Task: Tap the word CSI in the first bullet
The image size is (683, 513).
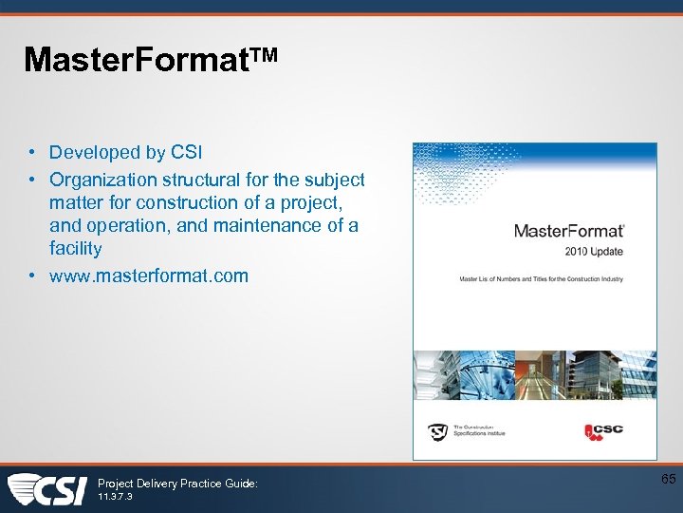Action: (x=186, y=152)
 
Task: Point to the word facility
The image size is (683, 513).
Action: (x=75, y=248)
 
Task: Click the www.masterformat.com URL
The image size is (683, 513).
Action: (x=148, y=275)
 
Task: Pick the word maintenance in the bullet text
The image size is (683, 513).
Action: (x=281, y=225)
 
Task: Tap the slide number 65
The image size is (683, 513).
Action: (x=668, y=479)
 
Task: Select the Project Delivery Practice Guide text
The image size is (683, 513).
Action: (x=177, y=484)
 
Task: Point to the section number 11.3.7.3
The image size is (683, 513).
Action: (x=115, y=497)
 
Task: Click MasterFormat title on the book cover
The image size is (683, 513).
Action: (x=568, y=231)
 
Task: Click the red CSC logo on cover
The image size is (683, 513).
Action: (x=603, y=430)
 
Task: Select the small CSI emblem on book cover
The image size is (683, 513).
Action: (x=437, y=431)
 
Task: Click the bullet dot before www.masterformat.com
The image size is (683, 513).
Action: (x=31, y=276)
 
